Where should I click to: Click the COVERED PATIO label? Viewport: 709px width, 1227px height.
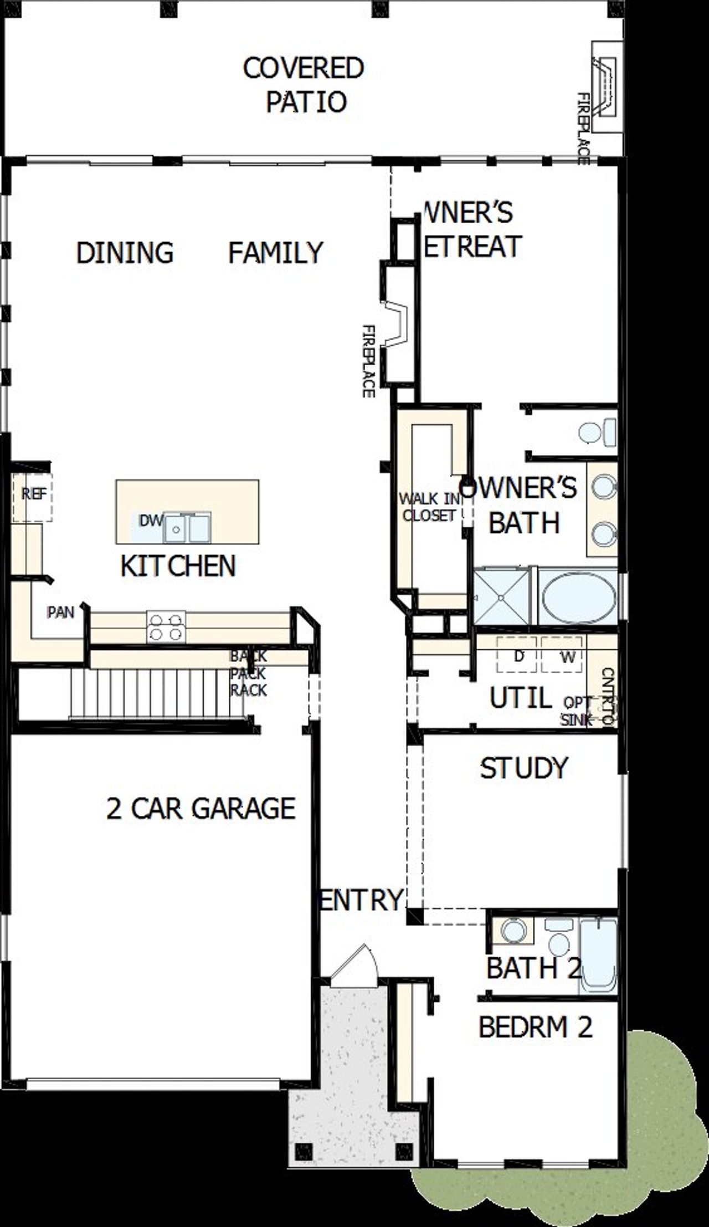[304, 85]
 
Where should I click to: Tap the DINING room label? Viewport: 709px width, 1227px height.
[125, 253]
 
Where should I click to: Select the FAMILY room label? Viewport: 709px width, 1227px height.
[275, 253]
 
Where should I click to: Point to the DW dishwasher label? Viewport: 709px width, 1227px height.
[150, 521]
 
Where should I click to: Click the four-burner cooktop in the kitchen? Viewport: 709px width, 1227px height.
[166, 627]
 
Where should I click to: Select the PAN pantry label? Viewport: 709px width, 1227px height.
[60, 612]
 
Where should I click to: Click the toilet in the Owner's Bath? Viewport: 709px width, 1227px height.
[597, 431]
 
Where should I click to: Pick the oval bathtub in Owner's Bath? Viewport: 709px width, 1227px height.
[578, 598]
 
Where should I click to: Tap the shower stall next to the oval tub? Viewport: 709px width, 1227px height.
[501, 597]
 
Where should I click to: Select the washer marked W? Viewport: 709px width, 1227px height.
[566, 656]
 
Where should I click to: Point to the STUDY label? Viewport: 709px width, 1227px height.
[523, 768]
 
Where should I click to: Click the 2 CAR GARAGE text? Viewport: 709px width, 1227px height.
[201, 809]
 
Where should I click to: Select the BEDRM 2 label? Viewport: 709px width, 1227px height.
[535, 1027]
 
